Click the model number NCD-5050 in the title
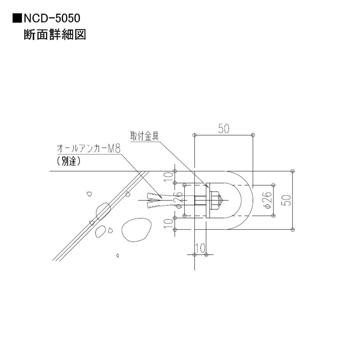tap(52, 19)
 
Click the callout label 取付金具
tap(144, 136)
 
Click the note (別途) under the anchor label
tap(69, 161)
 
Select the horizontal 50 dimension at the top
tap(224, 129)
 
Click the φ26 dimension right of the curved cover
tap(268, 200)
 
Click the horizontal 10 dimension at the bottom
tap(200, 248)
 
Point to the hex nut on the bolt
tap(214, 200)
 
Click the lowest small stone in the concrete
tap(118, 255)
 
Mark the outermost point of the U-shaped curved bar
tap(252, 200)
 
